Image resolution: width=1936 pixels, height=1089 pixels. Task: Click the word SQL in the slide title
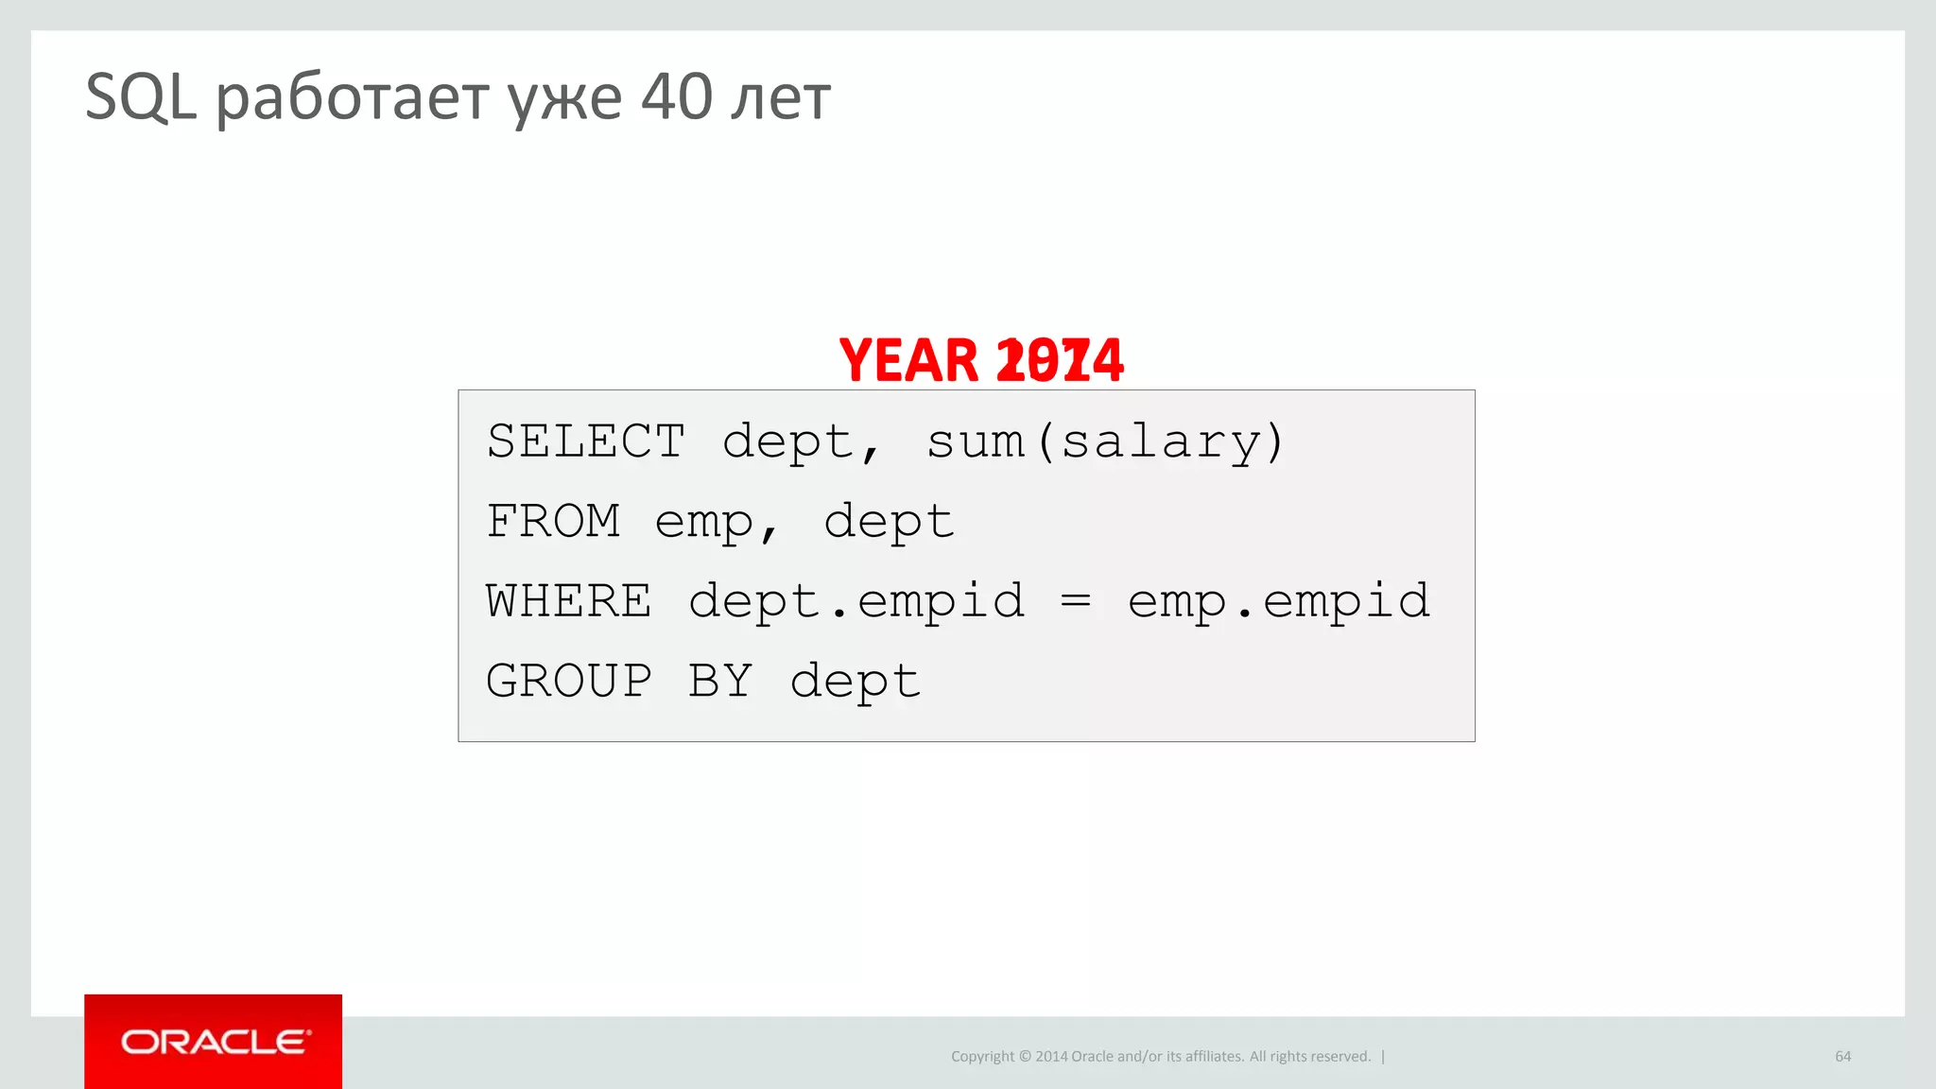pos(141,97)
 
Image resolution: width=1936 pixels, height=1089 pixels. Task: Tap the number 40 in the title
pos(676,97)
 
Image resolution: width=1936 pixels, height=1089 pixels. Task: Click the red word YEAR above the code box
pos(908,360)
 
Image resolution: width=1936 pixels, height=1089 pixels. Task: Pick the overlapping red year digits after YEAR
pos(1060,360)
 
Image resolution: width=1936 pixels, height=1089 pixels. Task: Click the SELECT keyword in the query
pos(586,441)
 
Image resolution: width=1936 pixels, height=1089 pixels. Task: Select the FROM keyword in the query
pos(553,521)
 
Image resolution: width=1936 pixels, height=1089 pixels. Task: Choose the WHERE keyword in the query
pos(569,601)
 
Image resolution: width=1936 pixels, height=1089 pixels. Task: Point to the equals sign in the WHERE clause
pos(1076,600)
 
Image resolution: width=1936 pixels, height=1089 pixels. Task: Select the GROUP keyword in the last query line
pos(569,681)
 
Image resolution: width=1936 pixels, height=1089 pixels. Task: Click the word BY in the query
pos(720,681)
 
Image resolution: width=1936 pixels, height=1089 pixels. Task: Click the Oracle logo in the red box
pos(214,1042)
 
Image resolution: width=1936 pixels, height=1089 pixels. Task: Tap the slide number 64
pos(1842,1056)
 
